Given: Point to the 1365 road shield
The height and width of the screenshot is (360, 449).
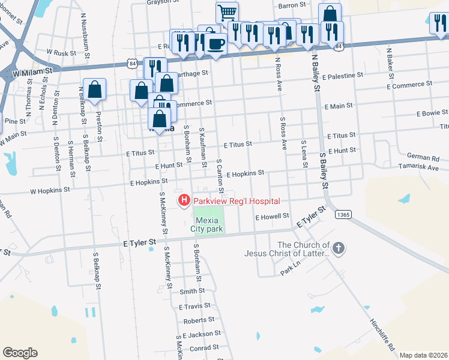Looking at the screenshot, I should click(343, 214).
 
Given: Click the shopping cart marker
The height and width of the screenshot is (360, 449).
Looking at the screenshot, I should click(227, 12).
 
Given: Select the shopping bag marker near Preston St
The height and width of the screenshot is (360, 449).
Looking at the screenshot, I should click(95, 90).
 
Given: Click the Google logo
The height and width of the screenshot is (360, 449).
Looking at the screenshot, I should click(20, 353).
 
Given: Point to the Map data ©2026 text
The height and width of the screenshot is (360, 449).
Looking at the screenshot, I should click(423, 355).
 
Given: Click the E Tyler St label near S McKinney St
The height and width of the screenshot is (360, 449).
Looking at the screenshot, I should click(139, 242).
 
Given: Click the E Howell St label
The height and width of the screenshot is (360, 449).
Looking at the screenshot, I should click(272, 216).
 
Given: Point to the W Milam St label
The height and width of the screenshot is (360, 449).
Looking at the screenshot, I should click(33, 71).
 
